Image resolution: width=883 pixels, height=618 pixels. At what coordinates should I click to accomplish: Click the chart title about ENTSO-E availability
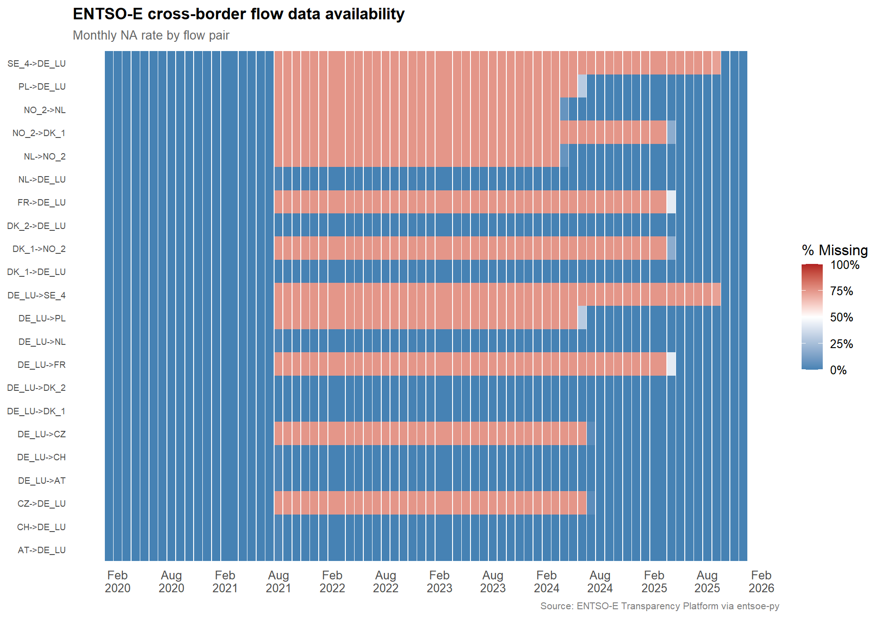238,14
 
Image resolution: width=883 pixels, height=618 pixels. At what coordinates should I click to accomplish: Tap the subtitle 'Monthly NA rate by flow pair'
151,35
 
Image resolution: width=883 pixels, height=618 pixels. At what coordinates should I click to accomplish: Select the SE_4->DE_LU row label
36,63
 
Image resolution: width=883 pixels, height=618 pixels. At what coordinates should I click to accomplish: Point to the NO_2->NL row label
45,110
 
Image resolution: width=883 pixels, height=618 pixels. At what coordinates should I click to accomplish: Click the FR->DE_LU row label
41,202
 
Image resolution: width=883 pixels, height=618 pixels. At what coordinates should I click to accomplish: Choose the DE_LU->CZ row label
41,434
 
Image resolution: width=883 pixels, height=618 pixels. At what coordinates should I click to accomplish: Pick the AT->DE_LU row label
41,550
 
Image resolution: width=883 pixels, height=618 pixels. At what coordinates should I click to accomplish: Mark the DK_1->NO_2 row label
39,249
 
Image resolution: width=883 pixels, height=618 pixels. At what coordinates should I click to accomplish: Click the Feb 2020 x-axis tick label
117,582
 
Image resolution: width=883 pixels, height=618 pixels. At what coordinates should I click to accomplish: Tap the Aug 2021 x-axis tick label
278,582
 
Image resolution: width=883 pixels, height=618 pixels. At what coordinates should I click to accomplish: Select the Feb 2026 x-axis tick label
761,582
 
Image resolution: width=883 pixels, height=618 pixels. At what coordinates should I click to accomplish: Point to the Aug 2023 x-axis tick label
493,582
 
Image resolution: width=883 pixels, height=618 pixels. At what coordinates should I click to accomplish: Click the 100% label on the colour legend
844,265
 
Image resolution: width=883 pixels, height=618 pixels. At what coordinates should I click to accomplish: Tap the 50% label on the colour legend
841,317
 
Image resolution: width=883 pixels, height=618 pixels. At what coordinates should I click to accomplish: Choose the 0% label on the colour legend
838,370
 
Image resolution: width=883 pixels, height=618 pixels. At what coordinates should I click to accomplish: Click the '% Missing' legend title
835,250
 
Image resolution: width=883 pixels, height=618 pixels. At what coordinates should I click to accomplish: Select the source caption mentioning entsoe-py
659,606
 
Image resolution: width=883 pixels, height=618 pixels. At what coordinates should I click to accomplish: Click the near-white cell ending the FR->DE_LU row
671,202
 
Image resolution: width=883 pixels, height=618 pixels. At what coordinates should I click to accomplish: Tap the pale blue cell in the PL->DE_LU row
582,86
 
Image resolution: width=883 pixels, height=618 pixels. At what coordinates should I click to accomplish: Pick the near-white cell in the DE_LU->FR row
671,365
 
